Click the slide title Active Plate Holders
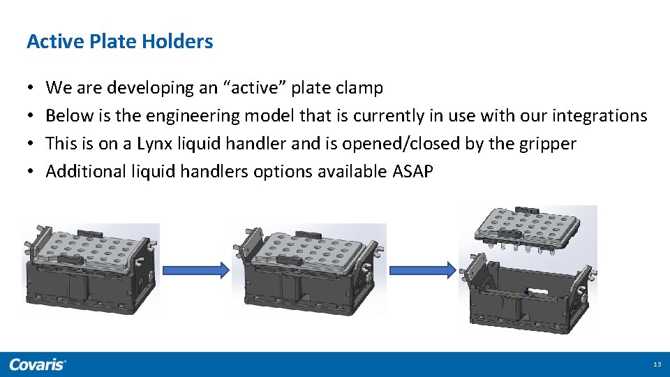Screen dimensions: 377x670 119,42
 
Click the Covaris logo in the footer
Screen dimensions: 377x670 38,364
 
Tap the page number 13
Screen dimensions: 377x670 656,364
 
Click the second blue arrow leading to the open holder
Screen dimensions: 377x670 422,270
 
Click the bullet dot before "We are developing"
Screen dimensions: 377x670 31,89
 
